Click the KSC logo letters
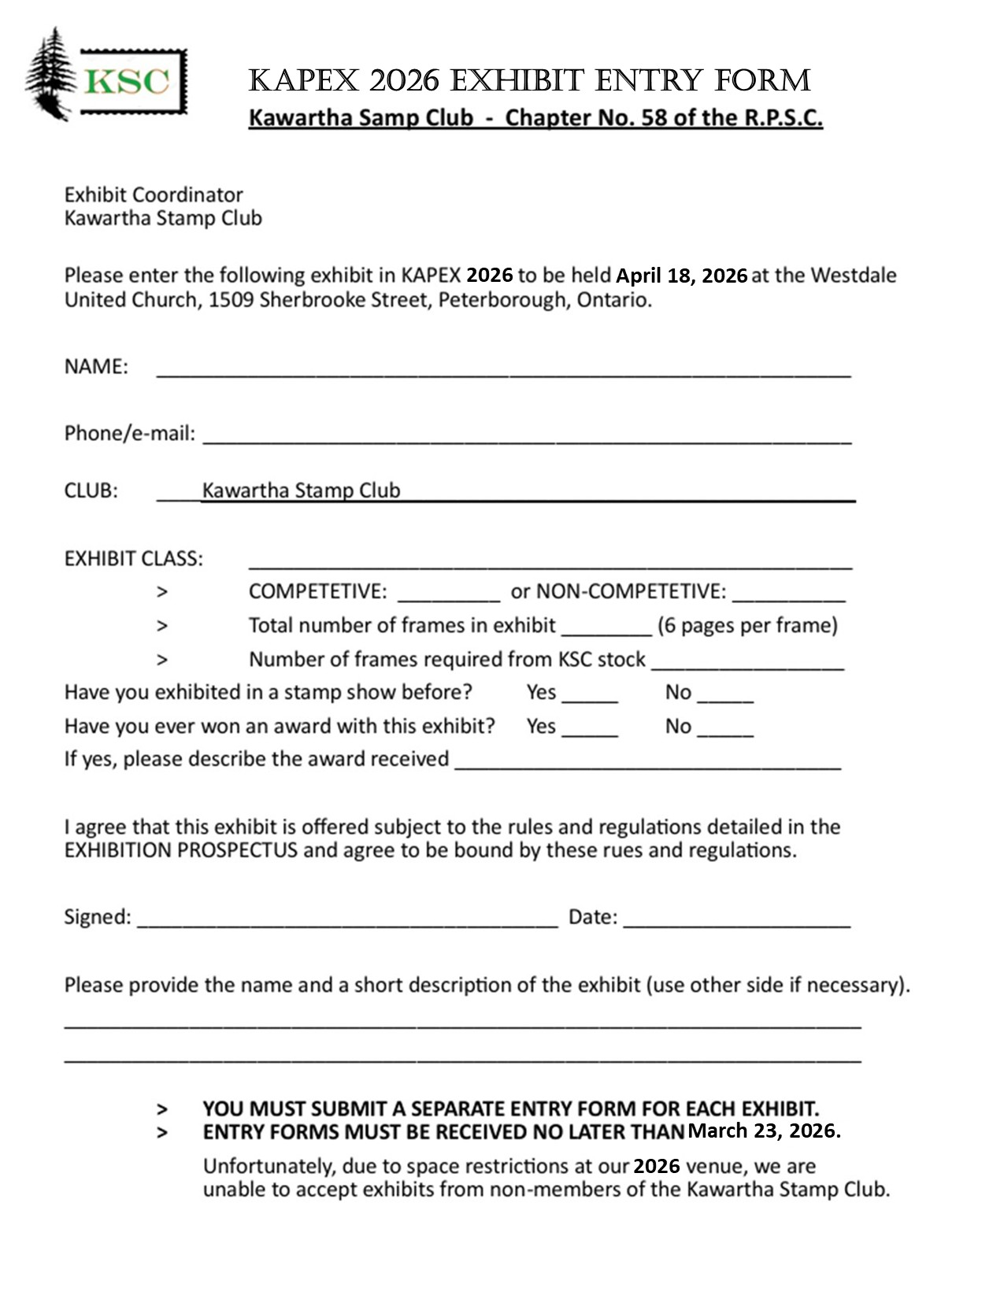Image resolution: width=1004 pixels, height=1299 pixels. (127, 82)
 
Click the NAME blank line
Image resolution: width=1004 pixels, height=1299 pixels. (504, 370)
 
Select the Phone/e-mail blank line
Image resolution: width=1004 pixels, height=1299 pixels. (527, 437)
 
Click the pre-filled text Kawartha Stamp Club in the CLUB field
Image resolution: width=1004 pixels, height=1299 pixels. (301, 490)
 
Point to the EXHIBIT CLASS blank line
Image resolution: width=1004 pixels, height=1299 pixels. (550, 561)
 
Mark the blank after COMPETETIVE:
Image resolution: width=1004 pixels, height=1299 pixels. (449, 594)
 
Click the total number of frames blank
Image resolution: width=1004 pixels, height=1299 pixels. (606, 628)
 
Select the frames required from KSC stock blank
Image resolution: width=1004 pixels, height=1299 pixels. (747, 663)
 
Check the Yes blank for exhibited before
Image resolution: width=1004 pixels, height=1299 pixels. (590, 696)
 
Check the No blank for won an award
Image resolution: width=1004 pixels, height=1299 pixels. (725, 730)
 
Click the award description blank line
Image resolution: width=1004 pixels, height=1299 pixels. (648, 762)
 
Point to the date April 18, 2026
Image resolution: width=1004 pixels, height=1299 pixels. (681, 276)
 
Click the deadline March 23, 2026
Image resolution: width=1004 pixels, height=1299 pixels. (764, 1131)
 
